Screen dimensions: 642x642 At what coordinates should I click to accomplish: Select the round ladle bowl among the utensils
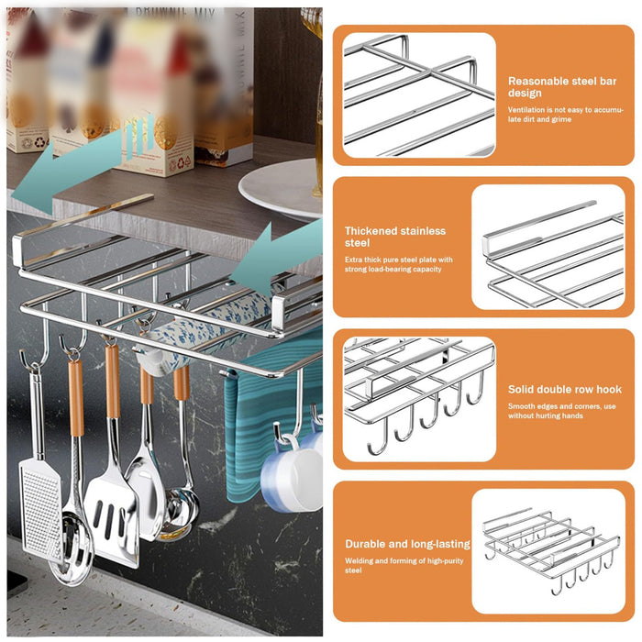pyautogui.click(x=181, y=515)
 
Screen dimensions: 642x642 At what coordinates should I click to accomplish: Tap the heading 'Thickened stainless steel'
pyautogui.click(x=395, y=237)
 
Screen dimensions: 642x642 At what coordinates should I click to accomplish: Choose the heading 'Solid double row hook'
pyautogui.click(x=564, y=390)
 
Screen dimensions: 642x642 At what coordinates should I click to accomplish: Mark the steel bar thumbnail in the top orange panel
pyautogui.click(x=418, y=94)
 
